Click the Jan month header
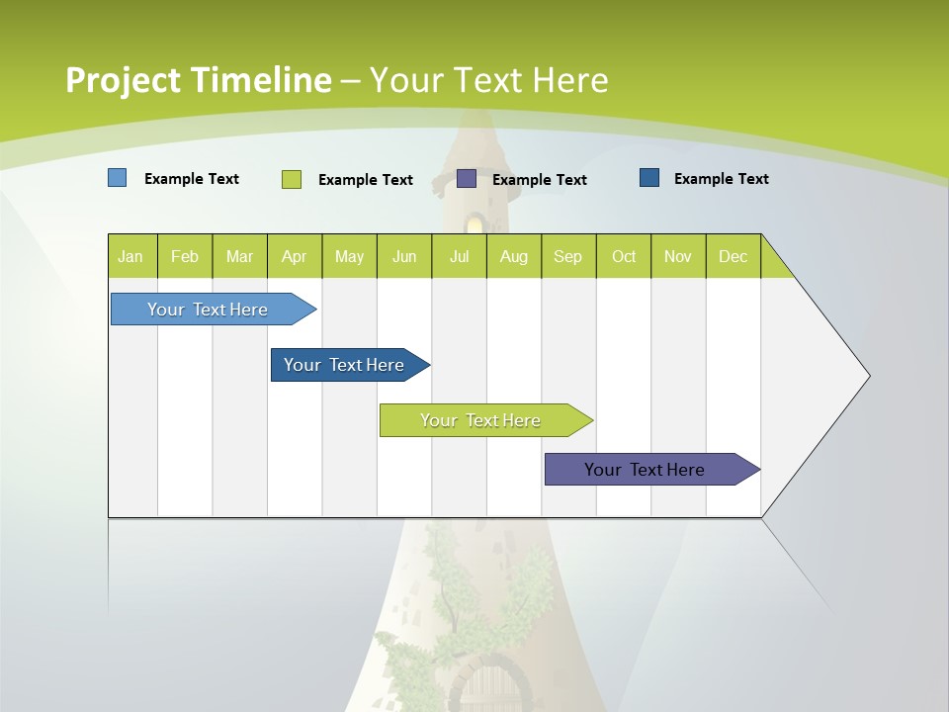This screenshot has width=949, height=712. point(131,256)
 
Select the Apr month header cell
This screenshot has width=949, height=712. point(294,256)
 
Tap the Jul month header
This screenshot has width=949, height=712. point(459,256)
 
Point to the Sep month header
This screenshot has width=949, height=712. point(567,256)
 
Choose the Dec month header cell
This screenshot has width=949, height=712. point(733,256)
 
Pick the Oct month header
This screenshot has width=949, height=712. point(624,256)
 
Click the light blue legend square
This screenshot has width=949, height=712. point(117,178)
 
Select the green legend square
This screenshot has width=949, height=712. point(291,179)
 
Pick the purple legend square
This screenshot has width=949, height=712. point(467,179)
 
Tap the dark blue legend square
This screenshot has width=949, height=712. point(649,178)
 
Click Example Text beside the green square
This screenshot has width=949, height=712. point(366,180)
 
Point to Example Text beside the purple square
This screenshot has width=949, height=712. point(540,180)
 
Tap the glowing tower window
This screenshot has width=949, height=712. point(475,224)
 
